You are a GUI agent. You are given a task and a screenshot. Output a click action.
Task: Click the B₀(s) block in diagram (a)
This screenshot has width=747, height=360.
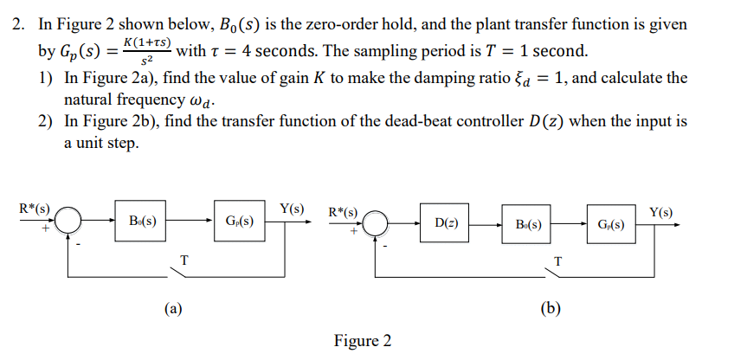[x=142, y=222]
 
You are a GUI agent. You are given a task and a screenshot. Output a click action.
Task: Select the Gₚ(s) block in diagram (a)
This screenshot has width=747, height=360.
[x=240, y=222]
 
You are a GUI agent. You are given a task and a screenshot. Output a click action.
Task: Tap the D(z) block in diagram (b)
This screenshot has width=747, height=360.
[x=447, y=224]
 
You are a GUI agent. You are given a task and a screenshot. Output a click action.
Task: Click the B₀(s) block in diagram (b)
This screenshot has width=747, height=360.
[x=529, y=224]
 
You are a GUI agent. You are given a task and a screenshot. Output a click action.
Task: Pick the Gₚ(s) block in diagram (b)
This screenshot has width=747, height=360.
[x=611, y=224]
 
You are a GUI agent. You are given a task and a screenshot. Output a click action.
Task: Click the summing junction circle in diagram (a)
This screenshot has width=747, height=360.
[x=69, y=222]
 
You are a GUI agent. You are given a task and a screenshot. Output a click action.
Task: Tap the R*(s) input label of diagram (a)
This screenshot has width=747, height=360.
[x=35, y=208]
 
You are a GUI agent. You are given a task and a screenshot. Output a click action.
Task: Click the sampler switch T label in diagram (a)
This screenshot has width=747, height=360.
[x=184, y=258]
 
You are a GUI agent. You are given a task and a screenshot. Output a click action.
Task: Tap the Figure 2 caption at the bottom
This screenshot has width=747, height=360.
[x=362, y=341]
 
